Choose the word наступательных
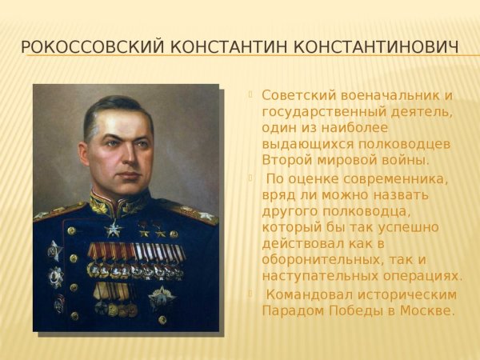click(315, 276)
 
